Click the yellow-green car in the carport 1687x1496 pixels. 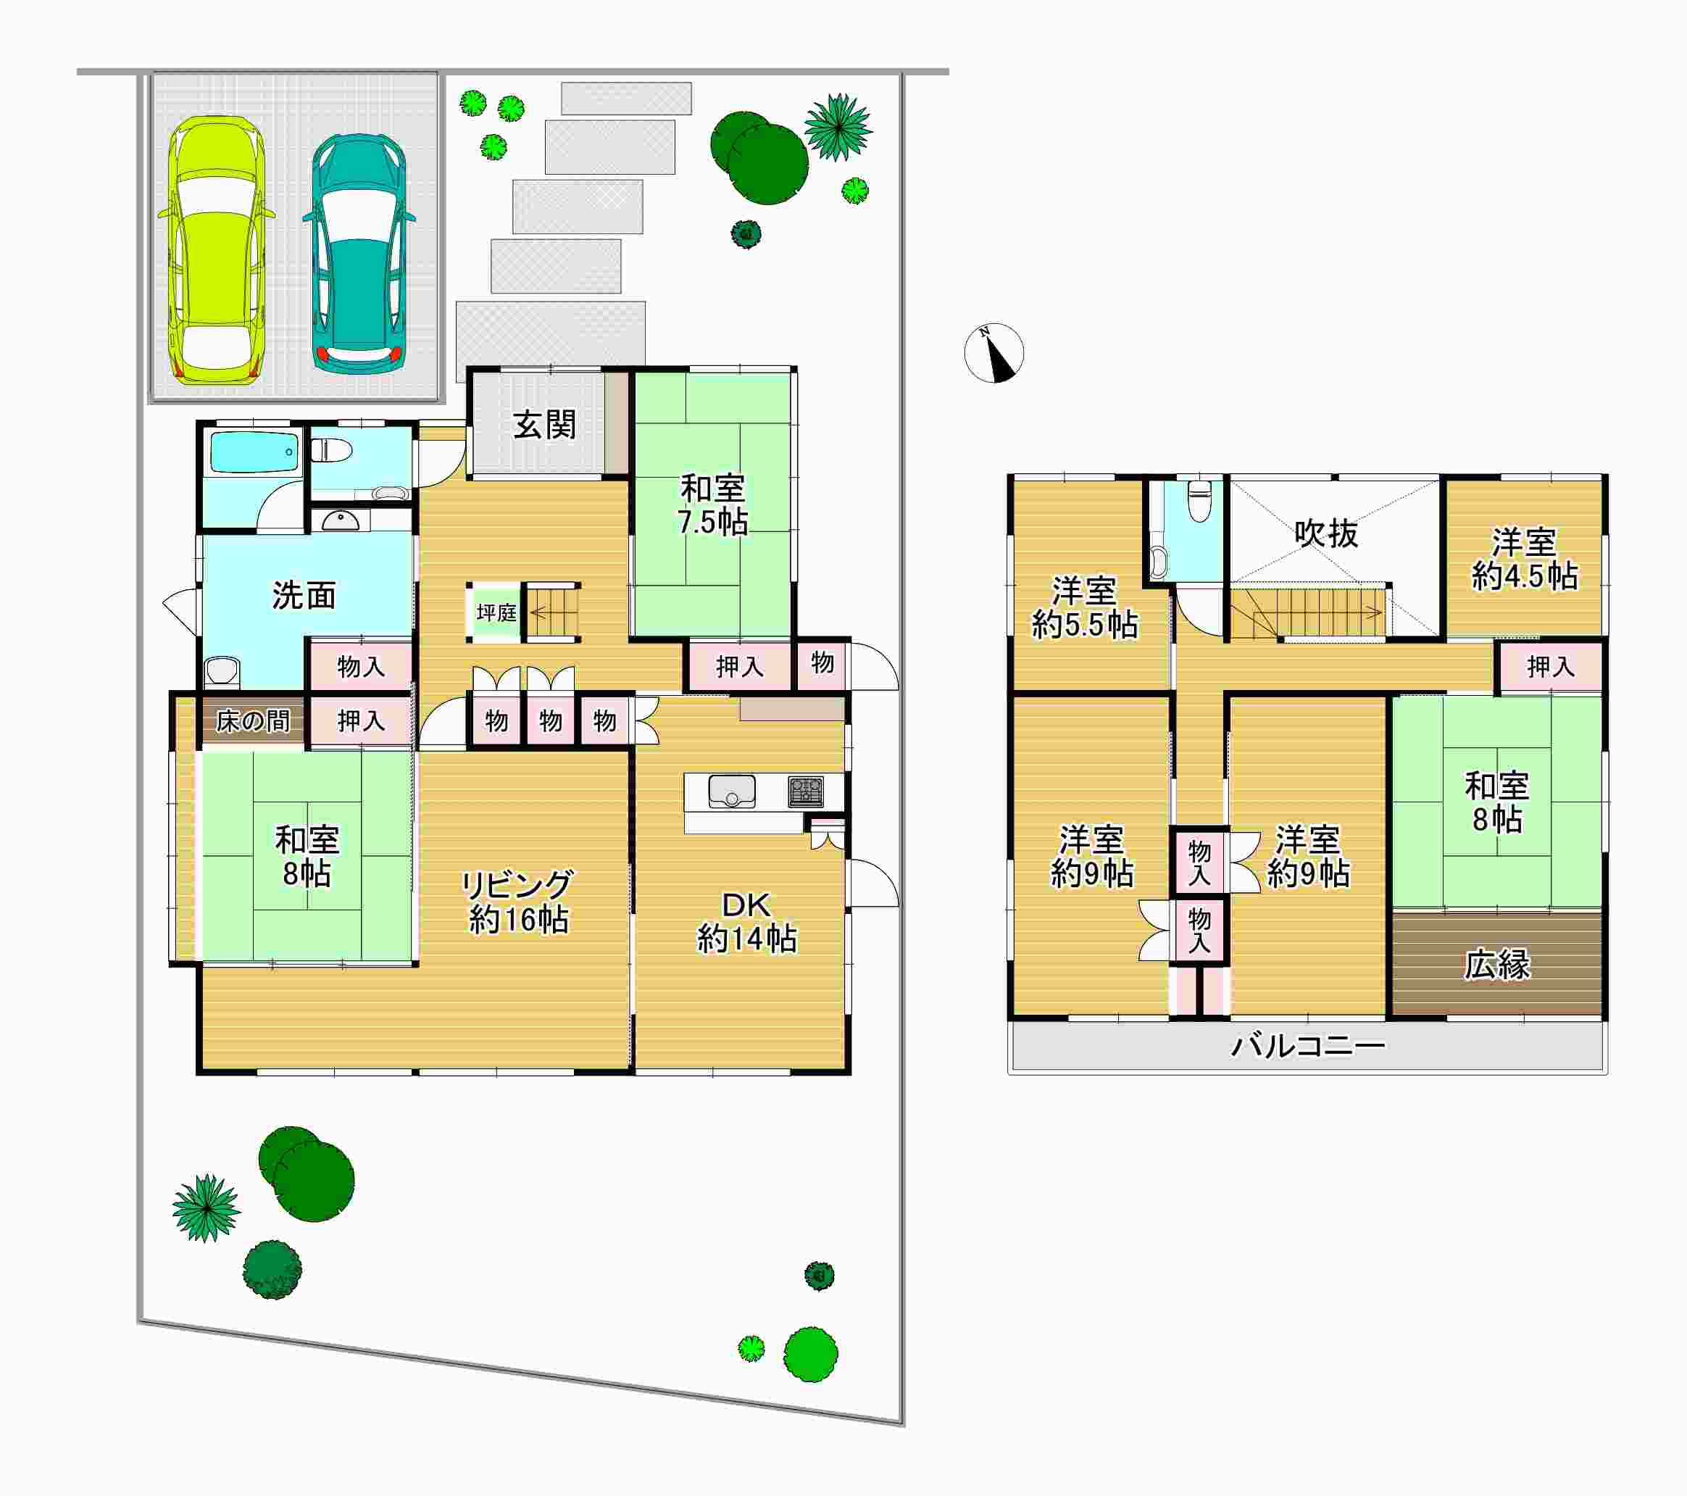coord(216,249)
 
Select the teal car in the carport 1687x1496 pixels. coord(359,254)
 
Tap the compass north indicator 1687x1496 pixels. coord(994,352)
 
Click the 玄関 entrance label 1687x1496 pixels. coord(545,425)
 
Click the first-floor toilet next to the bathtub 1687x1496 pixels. coord(331,450)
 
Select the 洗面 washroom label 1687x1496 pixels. coord(304,595)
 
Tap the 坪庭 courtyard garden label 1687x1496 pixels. coord(496,612)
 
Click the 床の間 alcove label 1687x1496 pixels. coord(254,720)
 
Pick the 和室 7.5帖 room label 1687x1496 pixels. coord(713,505)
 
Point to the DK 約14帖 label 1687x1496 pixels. coord(747,922)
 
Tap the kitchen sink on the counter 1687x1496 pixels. coord(731,791)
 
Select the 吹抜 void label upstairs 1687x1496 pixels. coord(1325,534)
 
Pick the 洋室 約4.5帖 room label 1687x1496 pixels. coord(1525,559)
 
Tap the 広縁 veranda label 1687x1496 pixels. coord(1497,964)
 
